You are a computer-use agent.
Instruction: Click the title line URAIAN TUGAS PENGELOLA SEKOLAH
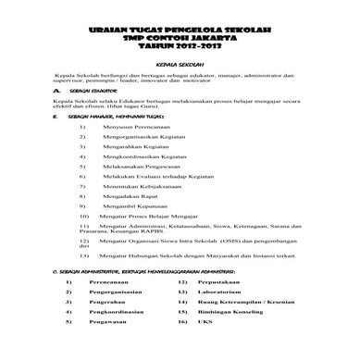[x=180, y=31]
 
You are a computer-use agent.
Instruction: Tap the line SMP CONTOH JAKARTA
[x=180, y=40]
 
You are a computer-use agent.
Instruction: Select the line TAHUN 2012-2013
[x=180, y=48]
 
